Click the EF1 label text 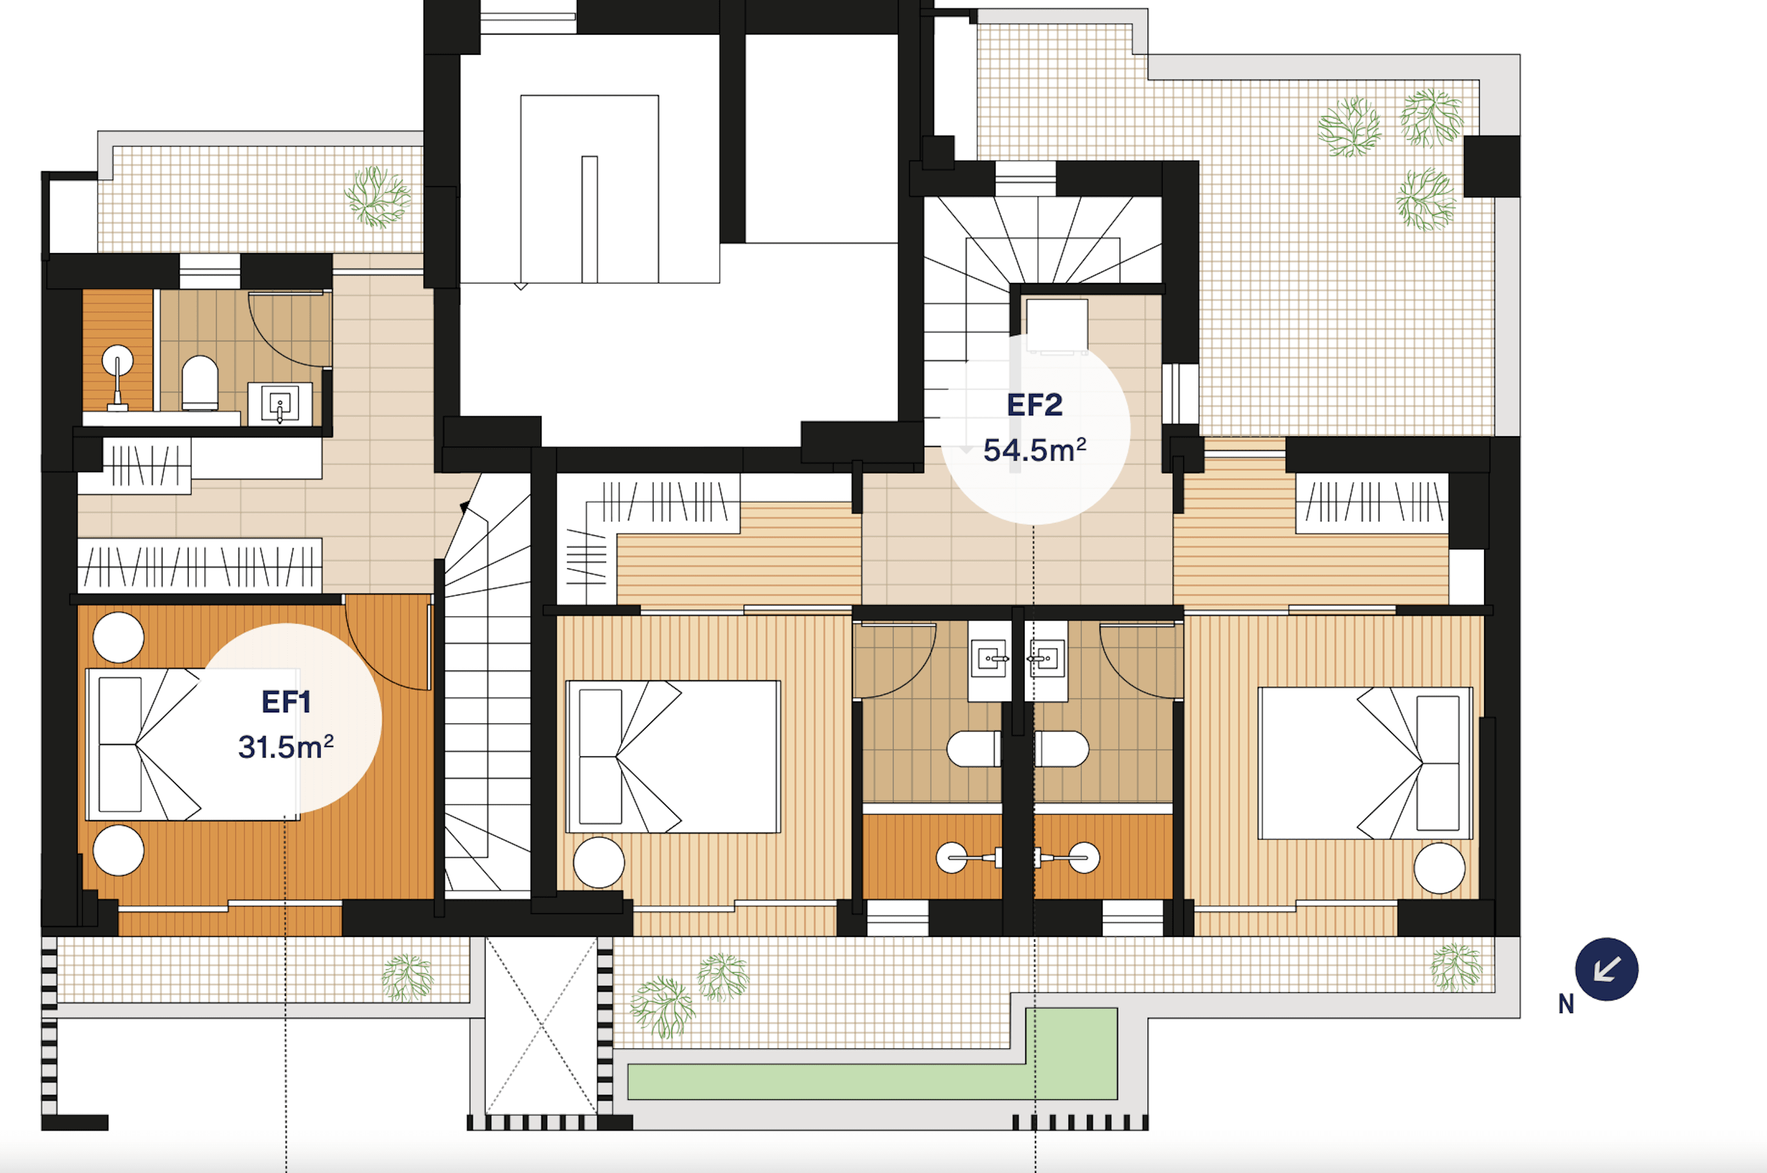286,701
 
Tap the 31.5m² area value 285,747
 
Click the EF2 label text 1034,405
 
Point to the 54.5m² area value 1034,450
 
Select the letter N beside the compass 1566,1004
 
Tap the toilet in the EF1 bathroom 200,383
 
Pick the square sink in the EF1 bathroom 280,404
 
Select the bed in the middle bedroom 674,756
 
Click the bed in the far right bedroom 1365,763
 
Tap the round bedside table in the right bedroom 1438,868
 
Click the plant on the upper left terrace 378,197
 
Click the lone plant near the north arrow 1455,967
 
